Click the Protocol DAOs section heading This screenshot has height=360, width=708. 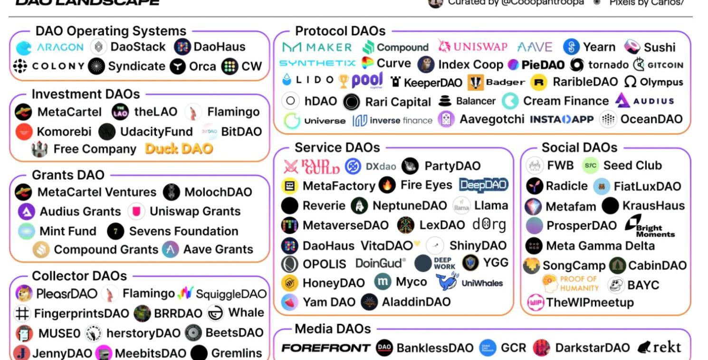[340, 31]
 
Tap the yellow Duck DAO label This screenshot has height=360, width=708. [179, 149]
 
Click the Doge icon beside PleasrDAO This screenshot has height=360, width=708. [24, 294]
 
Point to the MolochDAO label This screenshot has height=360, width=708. [218, 192]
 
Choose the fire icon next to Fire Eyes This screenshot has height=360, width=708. [387, 185]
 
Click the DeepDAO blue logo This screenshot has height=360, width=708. [483, 185]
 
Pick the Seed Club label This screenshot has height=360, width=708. [632, 166]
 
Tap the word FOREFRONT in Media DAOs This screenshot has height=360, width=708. [325, 348]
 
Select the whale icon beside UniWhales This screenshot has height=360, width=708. [447, 282]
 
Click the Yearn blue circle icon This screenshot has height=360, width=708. [571, 47]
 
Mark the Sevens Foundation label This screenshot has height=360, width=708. [183, 231]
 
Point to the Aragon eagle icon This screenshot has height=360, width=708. [24, 48]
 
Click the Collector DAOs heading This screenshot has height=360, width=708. [79, 276]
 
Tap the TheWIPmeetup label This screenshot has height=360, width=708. [590, 303]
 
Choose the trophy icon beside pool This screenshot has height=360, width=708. [344, 82]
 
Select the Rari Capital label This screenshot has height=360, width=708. [398, 102]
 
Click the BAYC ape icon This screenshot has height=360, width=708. [616, 285]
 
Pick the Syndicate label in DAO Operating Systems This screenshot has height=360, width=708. [136, 66]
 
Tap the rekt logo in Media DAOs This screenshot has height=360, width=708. [660, 348]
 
